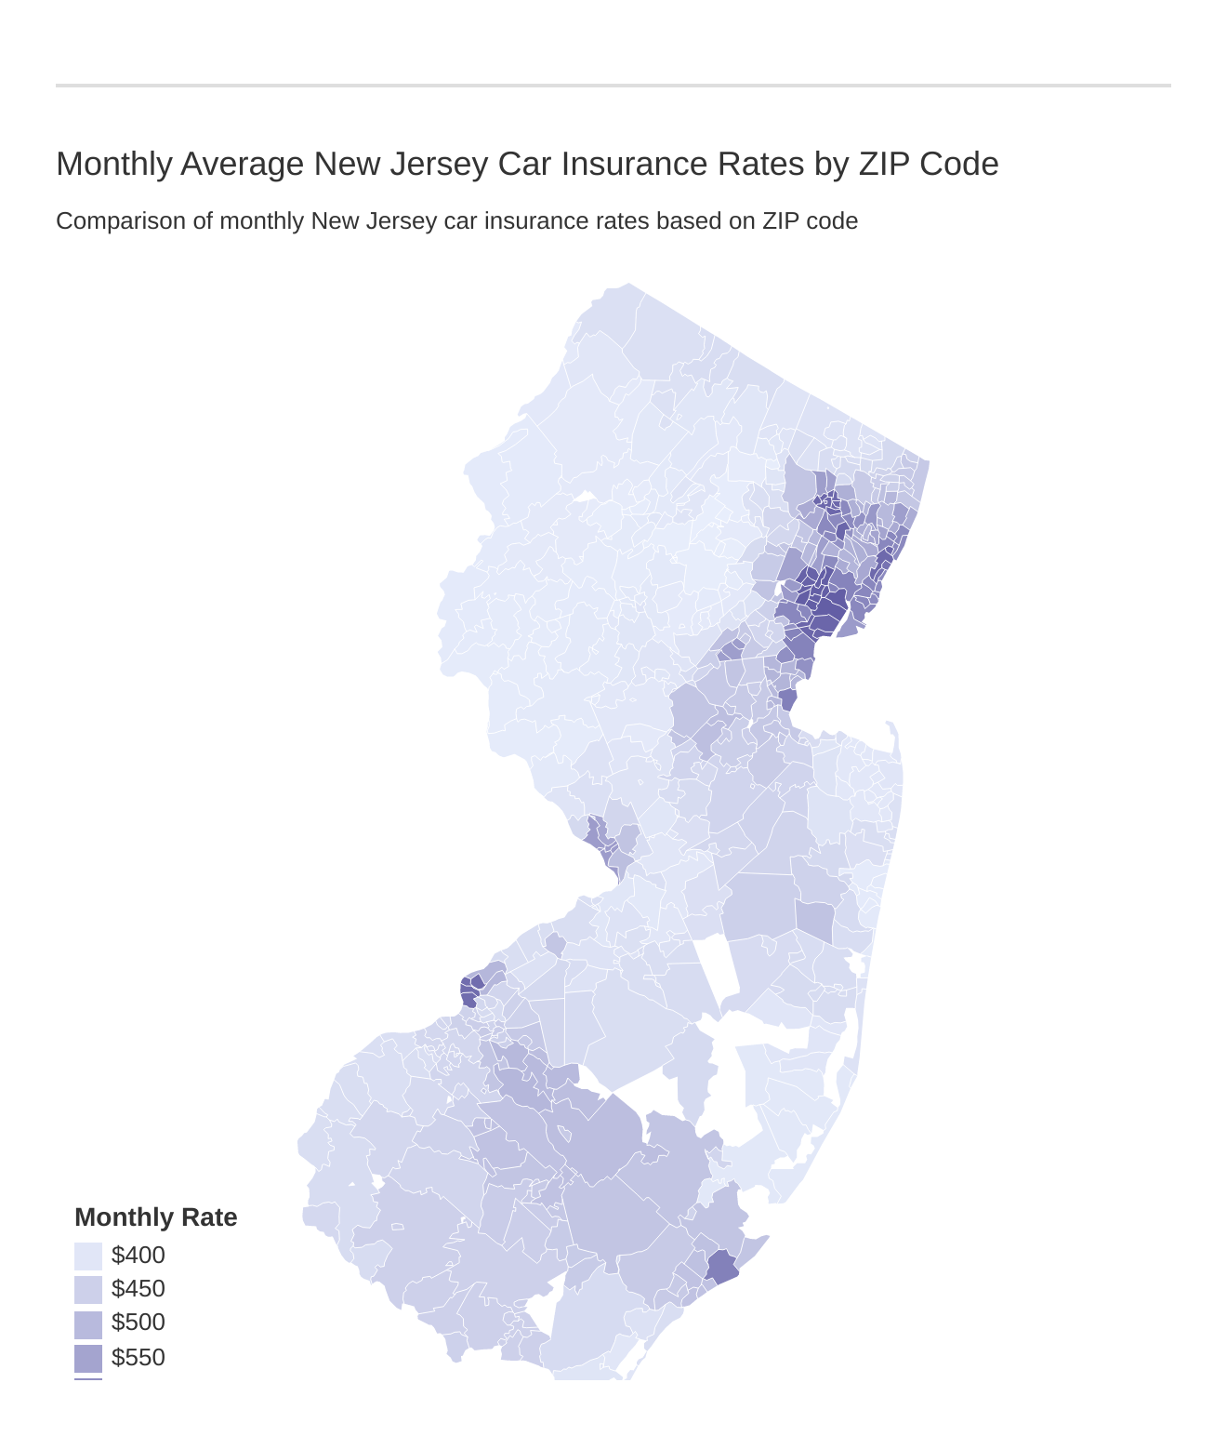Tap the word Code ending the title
[x=959, y=165]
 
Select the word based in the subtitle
[x=712, y=221]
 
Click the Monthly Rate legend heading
[x=156, y=1217]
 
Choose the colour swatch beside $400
[x=88, y=1256]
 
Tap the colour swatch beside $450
[x=88, y=1290]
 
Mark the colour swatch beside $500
[x=88, y=1324]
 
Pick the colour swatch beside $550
[x=88, y=1358]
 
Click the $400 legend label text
[x=139, y=1256]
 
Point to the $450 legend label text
[x=139, y=1289]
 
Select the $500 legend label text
[x=139, y=1323]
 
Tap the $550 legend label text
[x=139, y=1358]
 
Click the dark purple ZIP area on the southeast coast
[x=722, y=1267]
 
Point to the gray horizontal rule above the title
[x=613, y=86]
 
